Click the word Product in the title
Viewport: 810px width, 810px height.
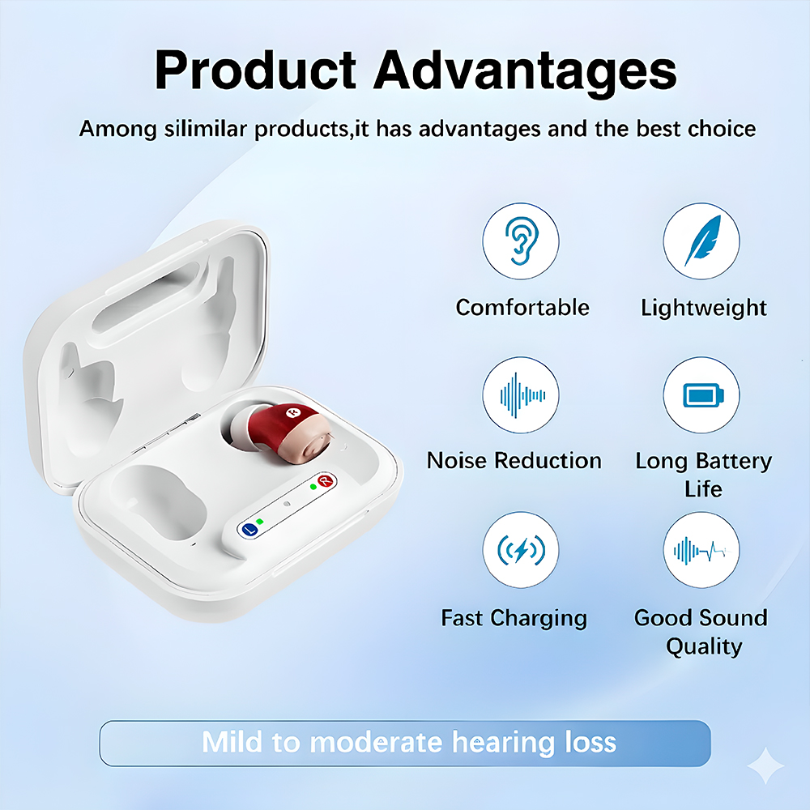click(256, 70)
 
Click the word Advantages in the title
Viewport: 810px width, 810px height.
click(525, 72)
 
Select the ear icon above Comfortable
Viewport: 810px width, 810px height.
click(521, 241)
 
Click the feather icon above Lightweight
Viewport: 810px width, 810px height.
click(702, 241)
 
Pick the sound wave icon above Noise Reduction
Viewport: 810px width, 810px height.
click(522, 396)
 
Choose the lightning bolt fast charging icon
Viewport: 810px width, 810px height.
click(521, 550)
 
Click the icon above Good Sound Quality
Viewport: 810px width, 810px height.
click(702, 551)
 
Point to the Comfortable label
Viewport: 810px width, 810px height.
click(522, 307)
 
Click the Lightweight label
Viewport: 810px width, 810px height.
click(704, 309)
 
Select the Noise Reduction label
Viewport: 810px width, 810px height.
click(514, 460)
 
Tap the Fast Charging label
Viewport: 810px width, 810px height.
click(514, 618)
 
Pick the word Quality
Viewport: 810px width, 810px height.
click(704, 646)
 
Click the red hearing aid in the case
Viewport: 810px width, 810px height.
click(283, 433)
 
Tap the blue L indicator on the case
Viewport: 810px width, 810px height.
click(250, 530)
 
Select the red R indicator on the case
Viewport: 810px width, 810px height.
click(326, 481)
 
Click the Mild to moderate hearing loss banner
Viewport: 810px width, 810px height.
click(405, 743)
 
